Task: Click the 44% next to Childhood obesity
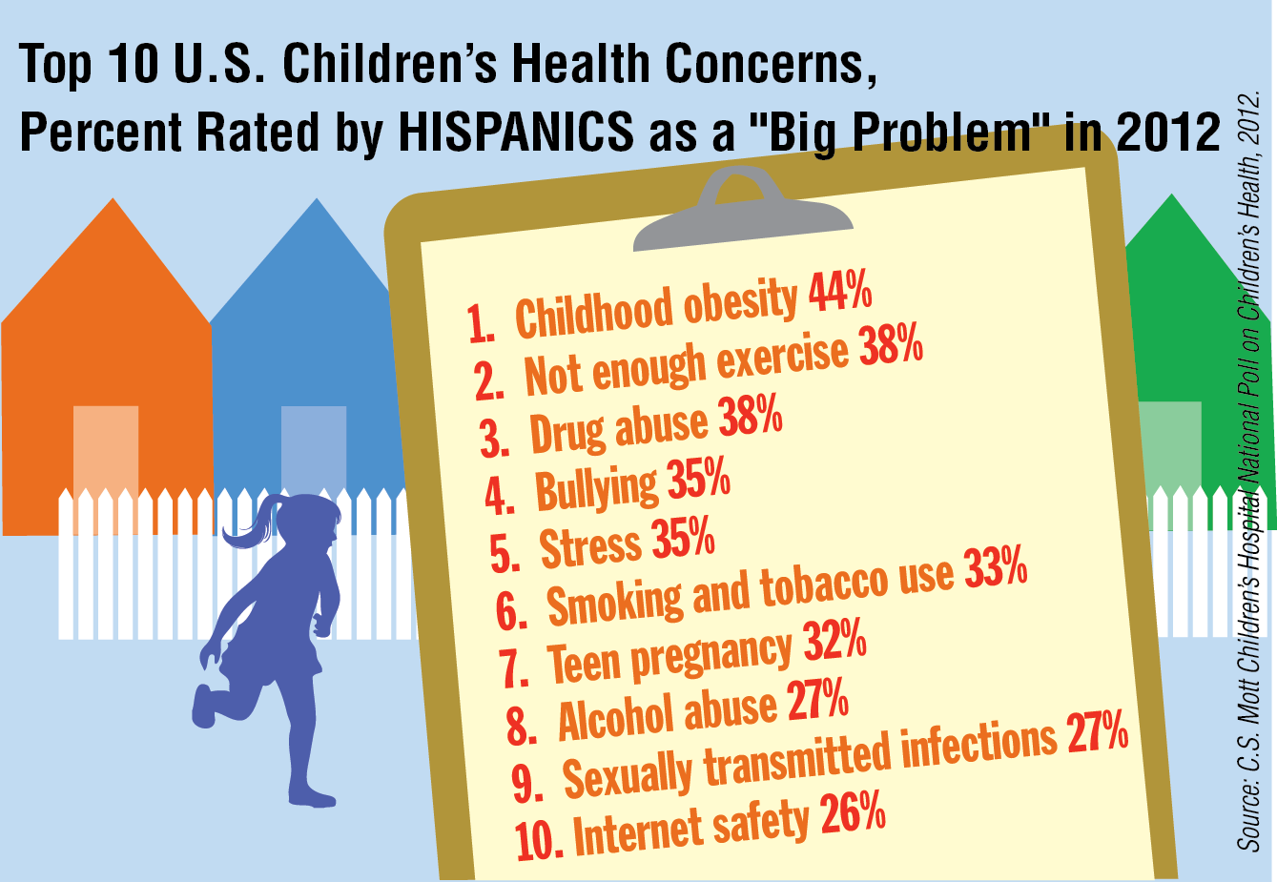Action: tap(840, 292)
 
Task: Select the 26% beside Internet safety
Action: tap(853, 811)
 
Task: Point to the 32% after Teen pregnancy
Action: tap(835, 640)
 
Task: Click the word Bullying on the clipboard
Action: tap(596, 489)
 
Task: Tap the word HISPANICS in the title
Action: tap(516, 133)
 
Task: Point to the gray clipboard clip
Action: tap(742, 211)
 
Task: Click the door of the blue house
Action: tap(314, 450)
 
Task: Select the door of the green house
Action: tap(1169, 464)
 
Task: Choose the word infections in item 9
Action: tap(978, 750)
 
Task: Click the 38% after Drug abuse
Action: tap(751, 416)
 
